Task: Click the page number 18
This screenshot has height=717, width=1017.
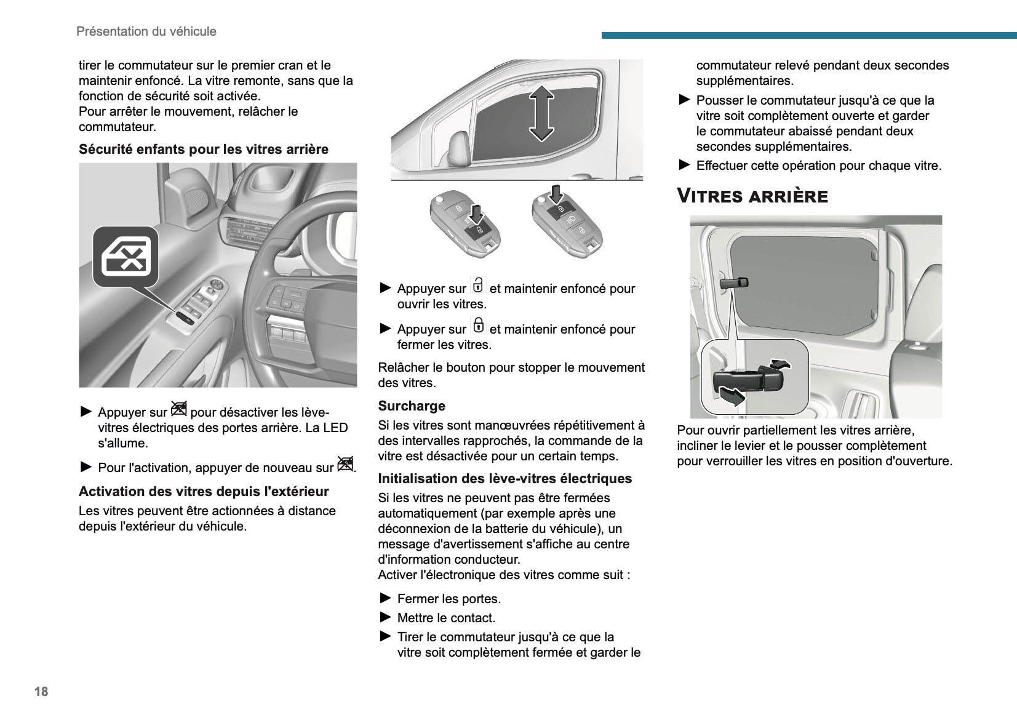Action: tap(41, 692)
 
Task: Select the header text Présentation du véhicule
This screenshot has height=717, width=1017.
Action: tap(146, 31)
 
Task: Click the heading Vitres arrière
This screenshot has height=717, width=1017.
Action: tap(752, 196)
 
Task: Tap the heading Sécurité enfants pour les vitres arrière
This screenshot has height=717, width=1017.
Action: tap(203, 150)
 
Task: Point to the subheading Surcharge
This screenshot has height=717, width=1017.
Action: tap(411, 406)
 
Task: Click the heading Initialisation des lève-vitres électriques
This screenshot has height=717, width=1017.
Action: tap(505, 479)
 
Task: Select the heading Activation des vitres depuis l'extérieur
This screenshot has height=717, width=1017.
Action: tap(203, 492)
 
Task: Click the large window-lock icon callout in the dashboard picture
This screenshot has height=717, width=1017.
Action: tap(126, 256)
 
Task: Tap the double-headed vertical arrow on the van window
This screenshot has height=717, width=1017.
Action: tap(541, 113)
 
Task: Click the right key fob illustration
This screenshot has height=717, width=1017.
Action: tap(567, 222)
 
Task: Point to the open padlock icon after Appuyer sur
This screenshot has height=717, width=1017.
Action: tap(478, 286)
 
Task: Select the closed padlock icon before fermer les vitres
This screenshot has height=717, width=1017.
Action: tap(478, 326)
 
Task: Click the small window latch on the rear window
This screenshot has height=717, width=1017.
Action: tap(734, 283)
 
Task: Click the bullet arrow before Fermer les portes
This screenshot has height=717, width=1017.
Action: tap(386, 598)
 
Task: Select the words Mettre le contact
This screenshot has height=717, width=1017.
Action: tap(445, 618)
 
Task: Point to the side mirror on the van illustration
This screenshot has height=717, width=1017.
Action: tap(458, 148)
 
